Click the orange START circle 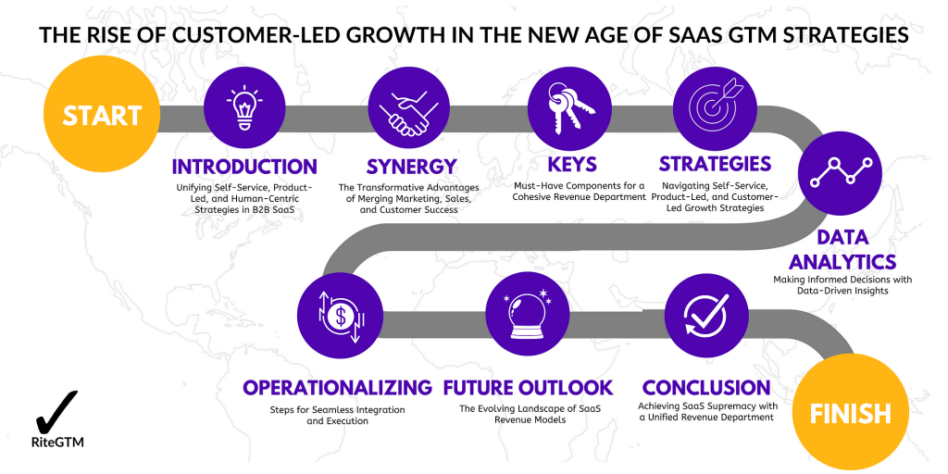coord(102,115)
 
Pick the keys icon coord(569,111)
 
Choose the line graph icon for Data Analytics coord(841,171)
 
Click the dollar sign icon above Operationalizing coord(341,316)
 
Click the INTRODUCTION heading coord(244,167)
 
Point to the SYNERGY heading coord(412,167)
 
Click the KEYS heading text coord(572,165)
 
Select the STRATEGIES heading coord(715,164)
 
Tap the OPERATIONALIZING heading coord(337,387)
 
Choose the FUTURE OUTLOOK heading coord(529,387)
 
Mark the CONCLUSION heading coord(706,387)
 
